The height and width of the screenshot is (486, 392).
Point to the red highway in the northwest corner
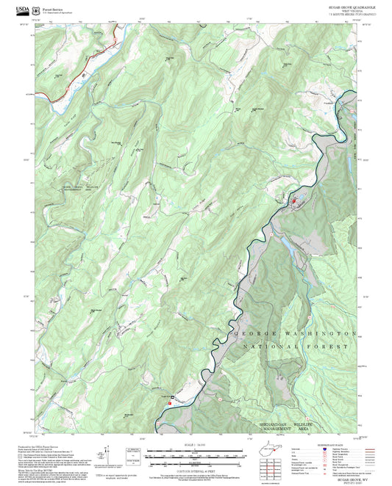coord(103,51)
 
